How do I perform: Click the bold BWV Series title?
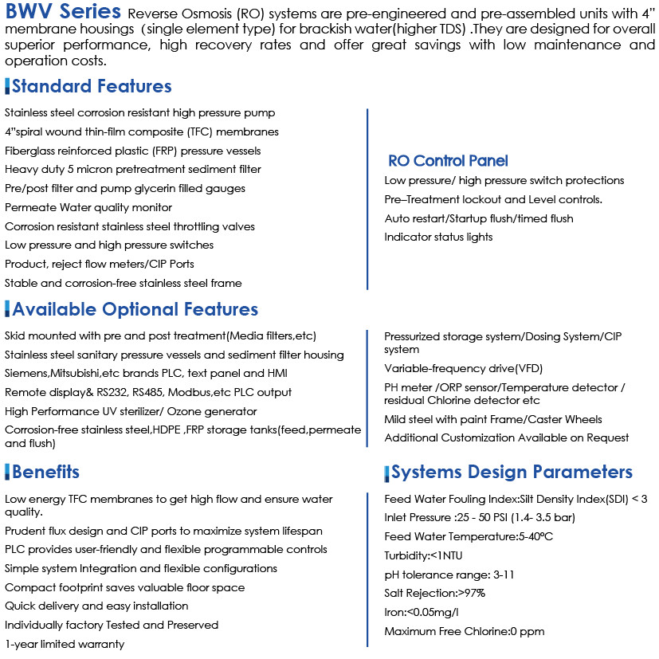(64, 14)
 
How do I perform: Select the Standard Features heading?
(92, 86)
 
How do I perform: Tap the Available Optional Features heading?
(135, 309)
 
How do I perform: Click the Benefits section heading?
(45, 472)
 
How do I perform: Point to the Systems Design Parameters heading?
(512, 472)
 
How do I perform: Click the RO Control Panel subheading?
(448, 161)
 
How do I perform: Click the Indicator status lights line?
(438, 237)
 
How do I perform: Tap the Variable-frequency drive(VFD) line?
(457, 369)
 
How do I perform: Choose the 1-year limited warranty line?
(65, 644)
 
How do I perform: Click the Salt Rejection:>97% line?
(434, 593)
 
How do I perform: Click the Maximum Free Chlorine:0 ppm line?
(464, 631)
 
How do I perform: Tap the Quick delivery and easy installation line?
(96, 606)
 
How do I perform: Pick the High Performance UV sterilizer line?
(131, 411)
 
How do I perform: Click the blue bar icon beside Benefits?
(8, 471)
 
